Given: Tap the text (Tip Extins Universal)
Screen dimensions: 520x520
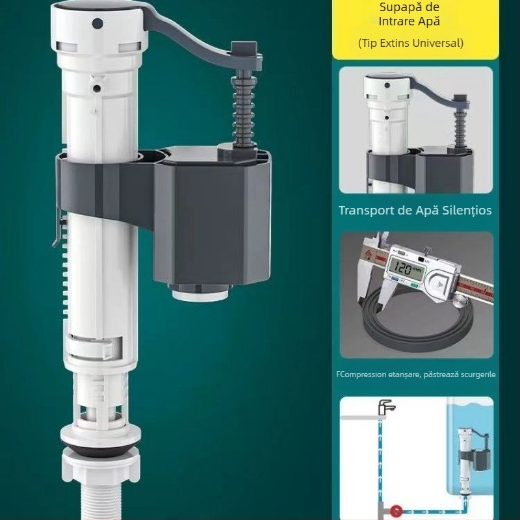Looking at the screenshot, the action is tap(411, 43).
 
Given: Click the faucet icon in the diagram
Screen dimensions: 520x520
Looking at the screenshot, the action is tap(386, 408).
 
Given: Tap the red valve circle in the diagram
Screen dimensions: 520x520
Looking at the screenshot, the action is tap(396, 511).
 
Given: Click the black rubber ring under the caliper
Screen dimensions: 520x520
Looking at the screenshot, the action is tap(417, 323).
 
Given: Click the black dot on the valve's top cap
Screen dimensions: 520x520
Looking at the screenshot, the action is tap(97, 23).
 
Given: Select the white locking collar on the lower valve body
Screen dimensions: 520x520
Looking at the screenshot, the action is tap(94, 348).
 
